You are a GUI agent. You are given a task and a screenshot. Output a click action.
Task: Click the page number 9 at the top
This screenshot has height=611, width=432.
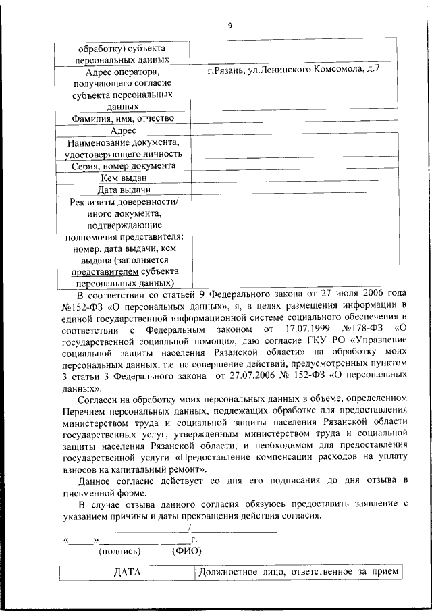tap(230, 26)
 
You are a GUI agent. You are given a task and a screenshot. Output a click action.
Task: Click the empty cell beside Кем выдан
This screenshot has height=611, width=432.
tap(295, 178)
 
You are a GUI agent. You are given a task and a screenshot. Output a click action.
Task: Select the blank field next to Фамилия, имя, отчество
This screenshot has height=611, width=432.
tap(295, 119)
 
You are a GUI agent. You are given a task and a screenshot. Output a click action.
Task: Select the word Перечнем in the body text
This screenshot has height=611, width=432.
tap(82, 410)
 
